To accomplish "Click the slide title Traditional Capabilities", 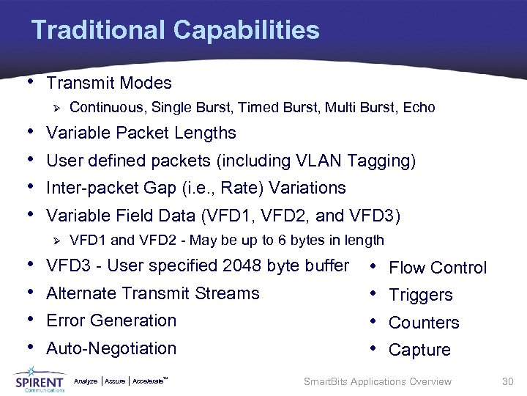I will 176,31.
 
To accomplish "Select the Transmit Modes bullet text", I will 108,84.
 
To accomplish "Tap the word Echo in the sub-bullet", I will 419,109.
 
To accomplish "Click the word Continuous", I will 107,109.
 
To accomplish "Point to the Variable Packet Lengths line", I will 141,133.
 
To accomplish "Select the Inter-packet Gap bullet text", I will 195,188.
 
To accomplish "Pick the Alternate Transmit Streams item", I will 152,293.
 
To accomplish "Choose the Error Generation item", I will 111,321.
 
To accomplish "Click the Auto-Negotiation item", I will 111,348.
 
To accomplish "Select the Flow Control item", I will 437,268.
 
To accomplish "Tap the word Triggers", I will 421,296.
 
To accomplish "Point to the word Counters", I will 424,323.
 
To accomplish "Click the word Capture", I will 419,351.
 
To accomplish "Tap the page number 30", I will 508,381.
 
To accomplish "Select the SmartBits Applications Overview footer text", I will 377,381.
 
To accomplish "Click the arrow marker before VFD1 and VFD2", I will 56,241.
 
